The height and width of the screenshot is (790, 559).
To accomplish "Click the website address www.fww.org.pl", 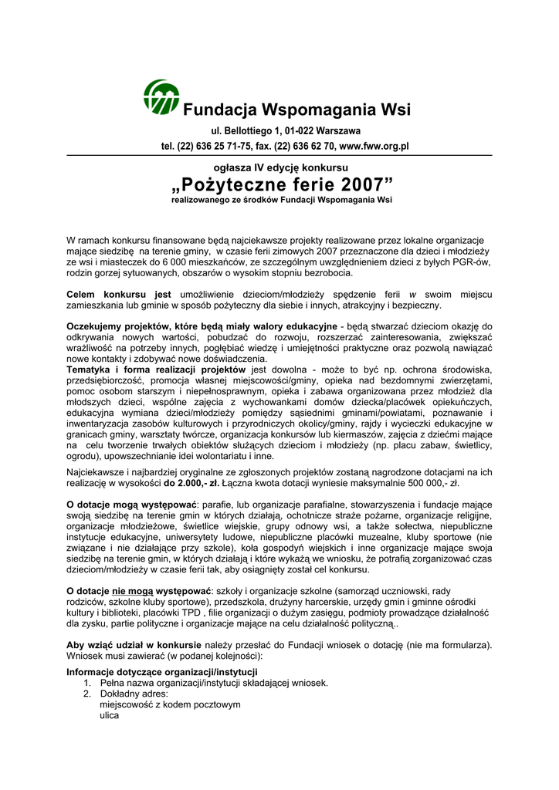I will (x=374, y=146).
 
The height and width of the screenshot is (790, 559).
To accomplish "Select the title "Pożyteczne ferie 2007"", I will (x=282, y=185).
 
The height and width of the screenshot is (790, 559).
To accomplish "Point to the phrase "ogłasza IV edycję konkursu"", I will (x=281, y=167).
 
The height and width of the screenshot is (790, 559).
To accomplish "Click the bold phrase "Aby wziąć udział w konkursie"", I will (x=134, y=645).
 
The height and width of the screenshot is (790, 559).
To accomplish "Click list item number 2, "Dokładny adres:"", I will (x=129, y=694).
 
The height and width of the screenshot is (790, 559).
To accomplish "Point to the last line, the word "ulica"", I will (x=110, y=715).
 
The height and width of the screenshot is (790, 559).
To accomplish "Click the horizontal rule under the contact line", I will (x=279, y=156).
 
